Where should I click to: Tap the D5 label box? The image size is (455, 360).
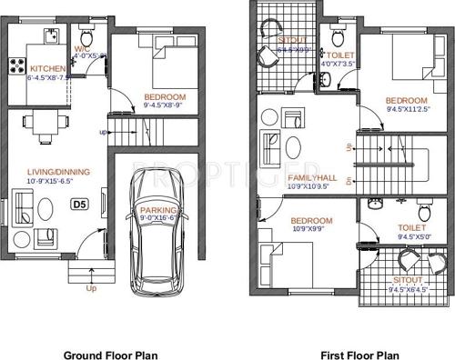coord(80,205)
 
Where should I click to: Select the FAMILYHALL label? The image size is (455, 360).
coord(312,178)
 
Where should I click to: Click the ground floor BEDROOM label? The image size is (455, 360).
coord(165,97)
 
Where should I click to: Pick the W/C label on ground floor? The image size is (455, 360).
coord(81,48)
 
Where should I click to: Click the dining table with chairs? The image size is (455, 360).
coord(44,125)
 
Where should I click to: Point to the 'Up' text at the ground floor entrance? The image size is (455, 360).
coord(91,289)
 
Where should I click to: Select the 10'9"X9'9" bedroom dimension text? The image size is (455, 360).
coord(312,229)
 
